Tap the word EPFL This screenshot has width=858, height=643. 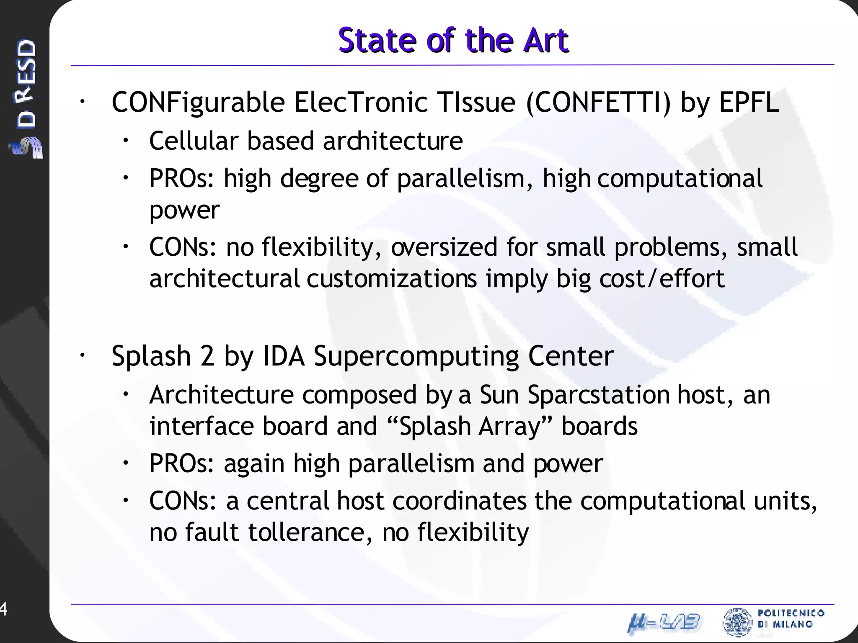click(749, 102)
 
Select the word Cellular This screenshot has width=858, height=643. click(193, 141)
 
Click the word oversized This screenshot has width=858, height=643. click(444, 247)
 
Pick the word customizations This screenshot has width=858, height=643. click(391, 279)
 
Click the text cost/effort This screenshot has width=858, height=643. click(662, 279)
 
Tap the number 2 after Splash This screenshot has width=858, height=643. click(207, 356)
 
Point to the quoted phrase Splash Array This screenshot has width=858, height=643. click(471, 427)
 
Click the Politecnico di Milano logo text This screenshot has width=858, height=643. click(790, 619)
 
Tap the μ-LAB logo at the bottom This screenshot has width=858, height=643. click(664, 622)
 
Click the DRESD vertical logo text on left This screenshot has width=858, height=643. click(26, 84)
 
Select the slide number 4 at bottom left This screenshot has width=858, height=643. click(3, 609)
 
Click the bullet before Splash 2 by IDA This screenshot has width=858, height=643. click(82, 355)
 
